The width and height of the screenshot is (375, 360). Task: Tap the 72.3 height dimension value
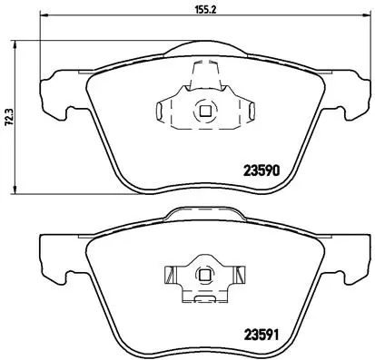coord(8,117)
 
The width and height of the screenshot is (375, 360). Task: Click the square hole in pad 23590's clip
coord(203,112)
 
